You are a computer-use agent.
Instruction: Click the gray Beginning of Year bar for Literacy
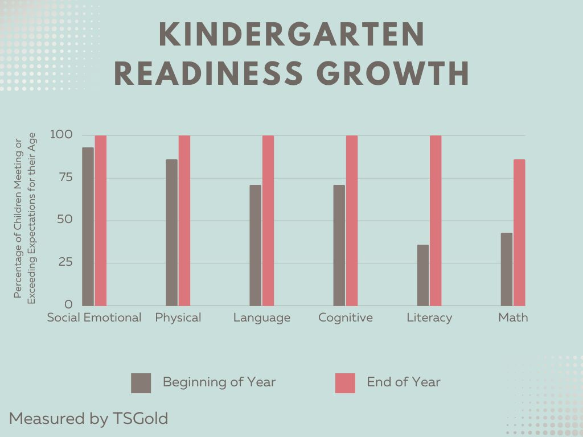[422, 275]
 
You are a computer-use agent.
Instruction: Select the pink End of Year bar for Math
[519, 233]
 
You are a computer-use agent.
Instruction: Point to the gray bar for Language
[255, 245]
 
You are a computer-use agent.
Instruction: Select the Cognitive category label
[346, 318]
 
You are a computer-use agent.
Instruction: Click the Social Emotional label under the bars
[94, 318]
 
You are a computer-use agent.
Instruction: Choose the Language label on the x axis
[262, 318]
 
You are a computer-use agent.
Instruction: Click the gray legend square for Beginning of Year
[141, 383]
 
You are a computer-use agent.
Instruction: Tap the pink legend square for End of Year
[345, 383]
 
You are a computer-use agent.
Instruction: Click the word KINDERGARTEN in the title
[291, 35]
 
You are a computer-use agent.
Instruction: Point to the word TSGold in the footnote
[139, 419]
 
